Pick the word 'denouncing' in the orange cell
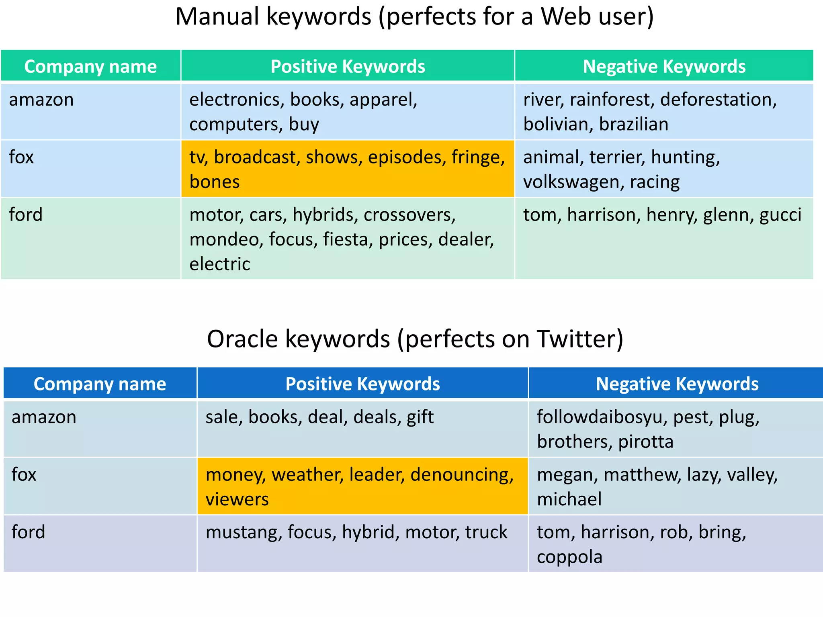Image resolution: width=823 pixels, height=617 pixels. (x=461, y=475)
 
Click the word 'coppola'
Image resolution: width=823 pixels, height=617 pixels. (x=569, y=557)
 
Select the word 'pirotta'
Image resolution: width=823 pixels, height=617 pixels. (x=645, y=442)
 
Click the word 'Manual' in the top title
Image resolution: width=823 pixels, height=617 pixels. (x=217, y=17)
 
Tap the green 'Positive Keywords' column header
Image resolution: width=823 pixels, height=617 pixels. (x=348, y=67)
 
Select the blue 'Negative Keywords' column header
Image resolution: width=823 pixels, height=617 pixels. (x=677, y=384)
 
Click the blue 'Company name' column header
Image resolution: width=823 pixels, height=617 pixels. (x=100, y=384)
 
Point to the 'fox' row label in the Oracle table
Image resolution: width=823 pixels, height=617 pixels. (x=24, y=475)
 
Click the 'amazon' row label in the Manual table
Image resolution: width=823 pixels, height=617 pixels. (x=41, y=100)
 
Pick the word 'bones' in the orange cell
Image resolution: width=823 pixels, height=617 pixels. (x=215, y=182)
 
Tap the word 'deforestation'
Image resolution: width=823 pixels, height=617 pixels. (x=718, y=100)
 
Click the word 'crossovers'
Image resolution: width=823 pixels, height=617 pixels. (x=409, y=215)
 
